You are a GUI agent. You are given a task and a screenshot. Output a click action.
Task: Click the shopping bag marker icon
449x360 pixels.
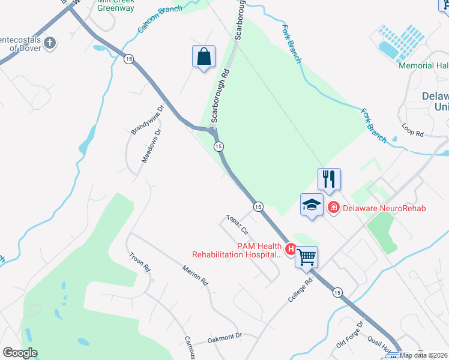click(204, 57)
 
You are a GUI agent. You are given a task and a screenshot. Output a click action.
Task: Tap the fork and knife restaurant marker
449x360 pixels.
click(329, 179)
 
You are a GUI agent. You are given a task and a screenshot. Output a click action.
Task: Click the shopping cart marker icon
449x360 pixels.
click(307, 257)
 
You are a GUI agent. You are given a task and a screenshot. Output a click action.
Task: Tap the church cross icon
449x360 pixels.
click(50, 43)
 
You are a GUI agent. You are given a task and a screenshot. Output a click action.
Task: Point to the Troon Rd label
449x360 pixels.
click(139, 262)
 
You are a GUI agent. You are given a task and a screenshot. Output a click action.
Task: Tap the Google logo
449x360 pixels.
click(20, 353)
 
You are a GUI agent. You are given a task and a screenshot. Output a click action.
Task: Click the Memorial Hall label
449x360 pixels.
click(423, 65)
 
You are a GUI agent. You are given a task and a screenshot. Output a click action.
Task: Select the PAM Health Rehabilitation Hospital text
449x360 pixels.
click(237, 250)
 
